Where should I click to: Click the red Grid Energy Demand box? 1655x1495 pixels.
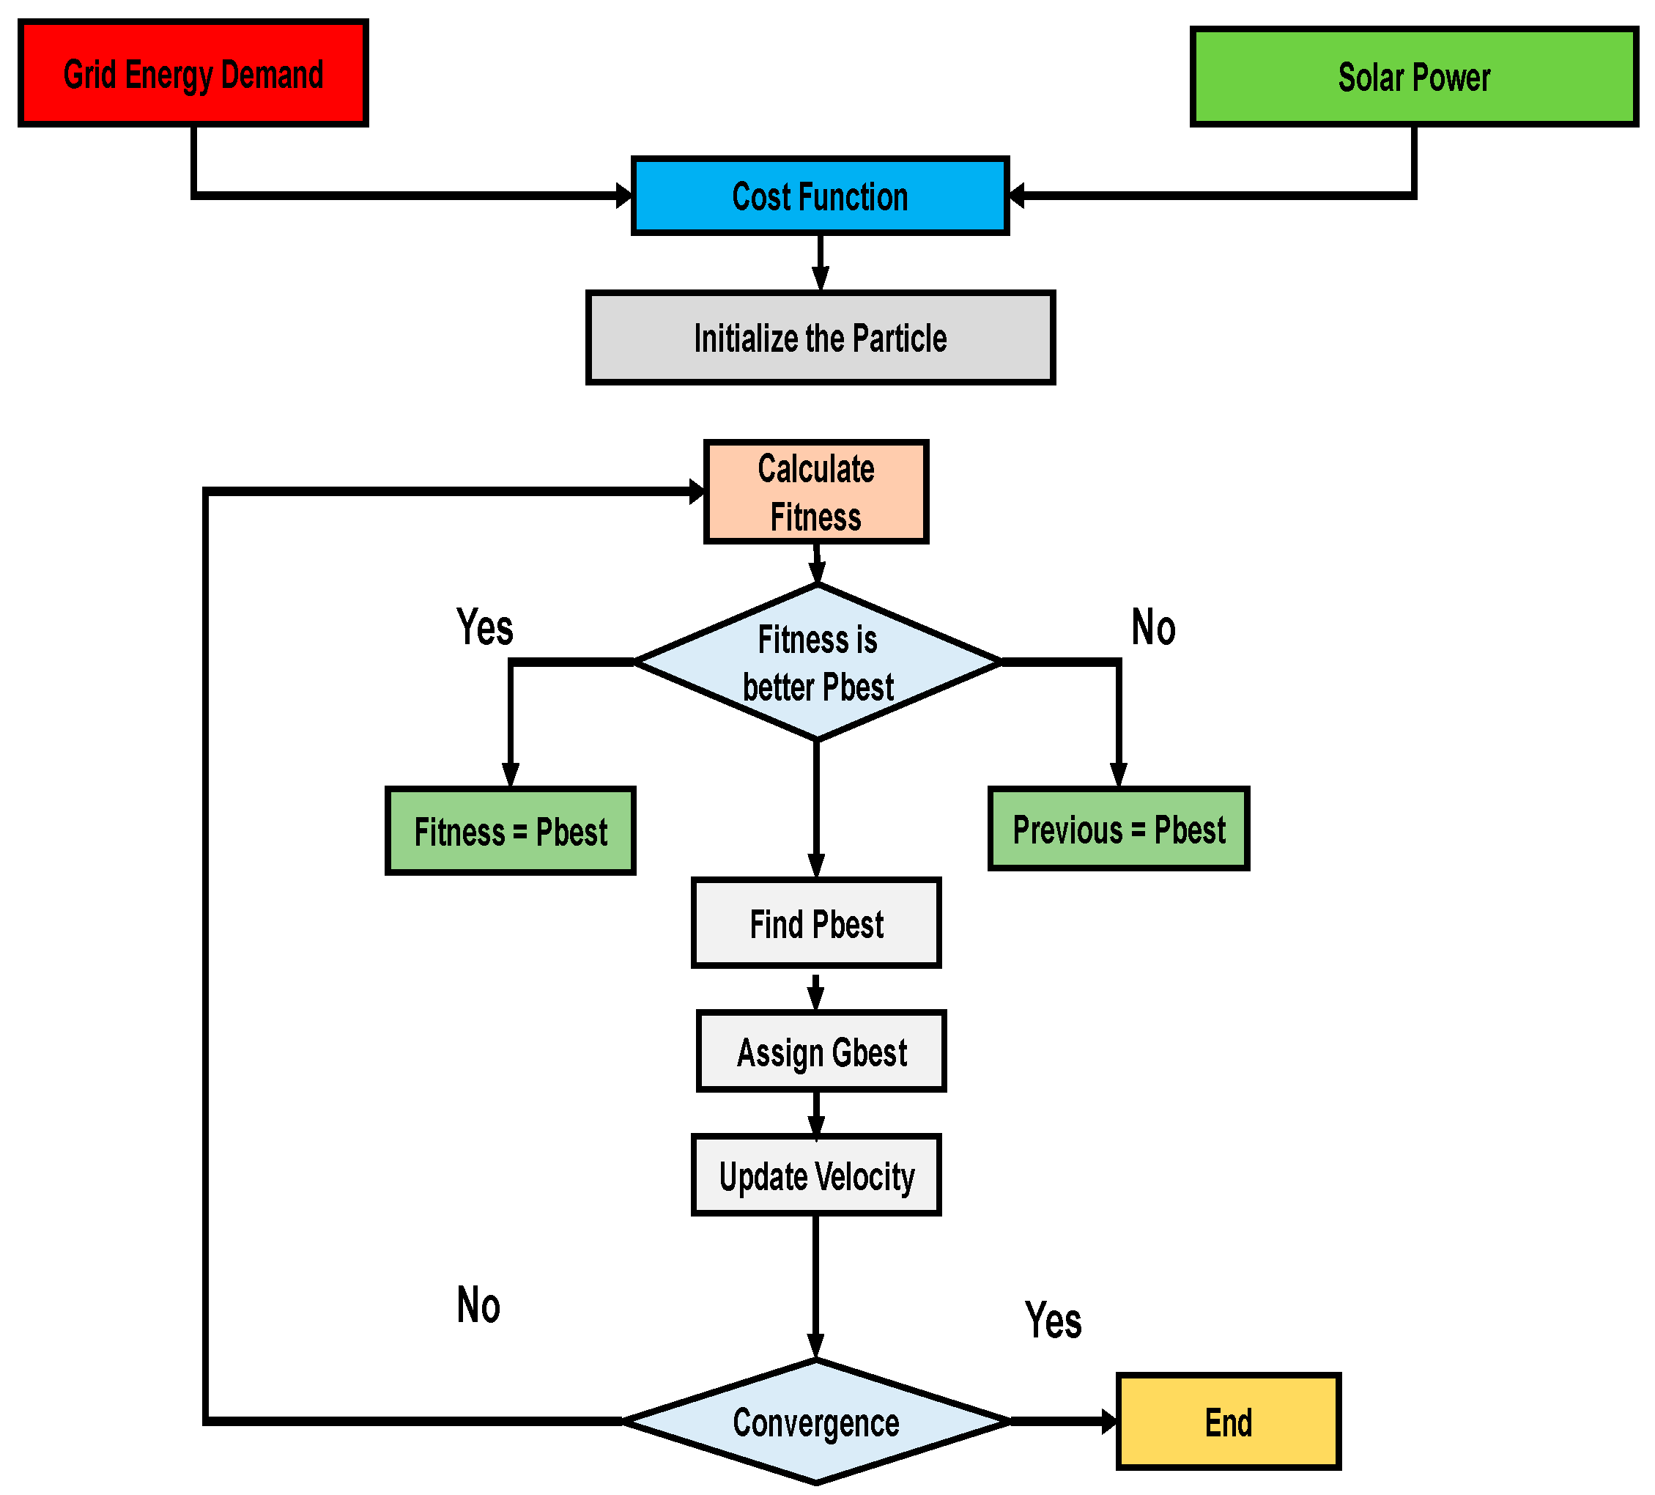click(x=193, y=74)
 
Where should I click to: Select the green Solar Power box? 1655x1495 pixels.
click(x=1414, y=76)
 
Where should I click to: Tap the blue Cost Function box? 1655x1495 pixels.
click(x=819, y=196)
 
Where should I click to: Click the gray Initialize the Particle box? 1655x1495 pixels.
click(x=820, y=337)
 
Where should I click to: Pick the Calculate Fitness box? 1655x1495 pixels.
click(x=816, y=492)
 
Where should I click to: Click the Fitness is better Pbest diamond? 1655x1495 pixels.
click(x=818, y=662)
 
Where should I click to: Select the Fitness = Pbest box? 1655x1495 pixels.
click(x=510, y=831)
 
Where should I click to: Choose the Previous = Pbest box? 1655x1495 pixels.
click(x=1118, y=828)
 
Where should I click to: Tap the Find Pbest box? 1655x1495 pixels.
click(x=816, y=923)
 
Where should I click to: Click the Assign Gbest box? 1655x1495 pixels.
click(x=821, y=1051)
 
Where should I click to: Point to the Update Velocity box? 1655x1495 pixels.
click(x=816, y=1175)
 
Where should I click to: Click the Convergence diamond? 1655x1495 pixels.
click(x=816, y=1421)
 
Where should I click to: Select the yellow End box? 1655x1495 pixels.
click(x=1228, y=1421)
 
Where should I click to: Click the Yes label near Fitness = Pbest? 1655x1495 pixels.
click(x=484, y=628)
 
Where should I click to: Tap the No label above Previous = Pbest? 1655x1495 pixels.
click(x=1152, y=628)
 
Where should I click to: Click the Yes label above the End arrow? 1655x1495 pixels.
click(x=1053, y=1320)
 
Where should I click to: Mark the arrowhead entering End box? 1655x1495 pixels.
click(x=1109, y=1421)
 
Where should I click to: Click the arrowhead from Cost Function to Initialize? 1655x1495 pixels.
click(x=820, y=279)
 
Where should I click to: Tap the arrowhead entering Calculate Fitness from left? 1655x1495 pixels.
click(x=697, y=492)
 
